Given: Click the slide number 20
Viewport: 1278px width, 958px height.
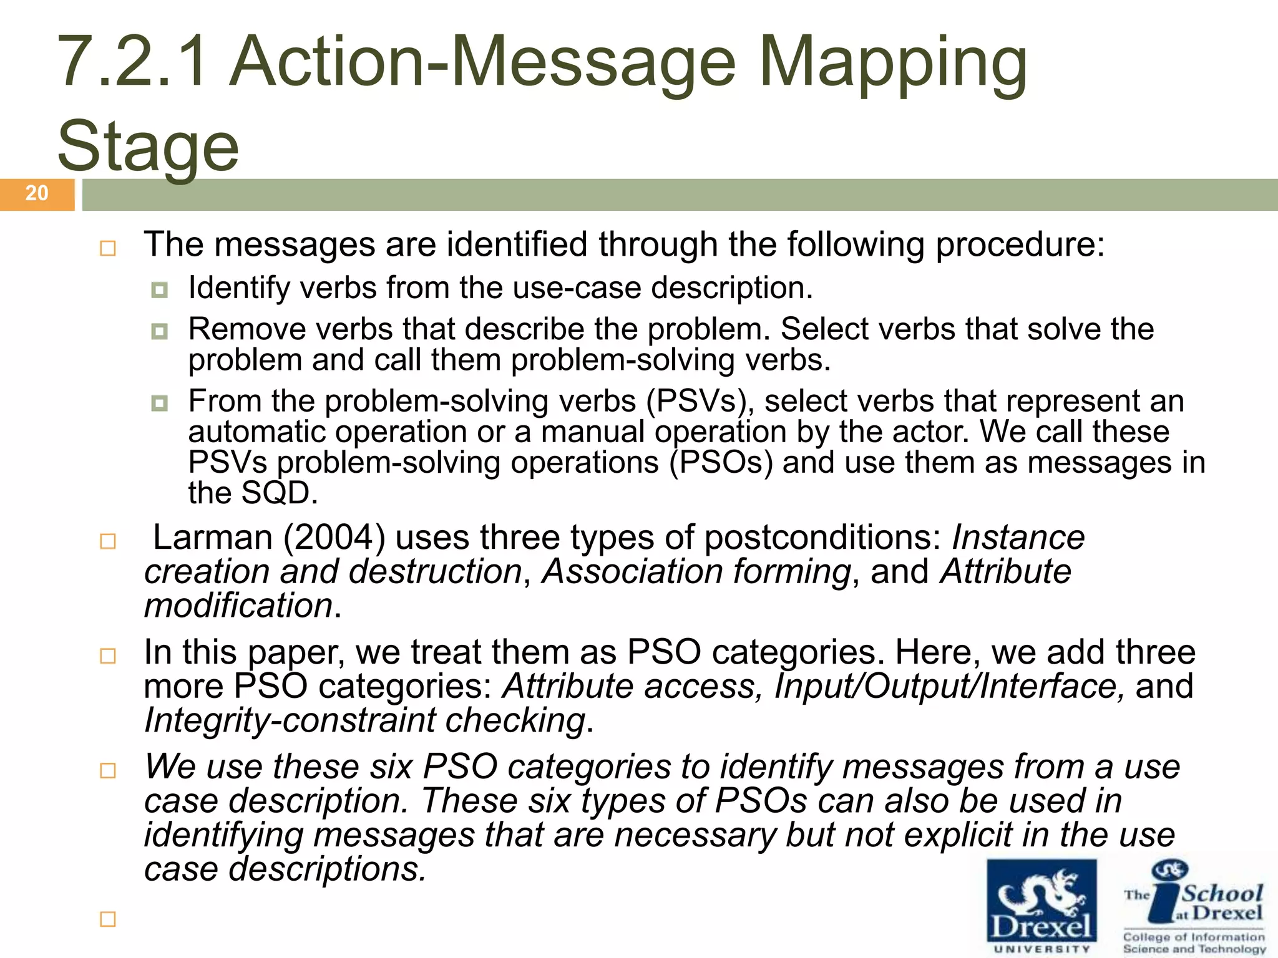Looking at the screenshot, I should tap(37, 193).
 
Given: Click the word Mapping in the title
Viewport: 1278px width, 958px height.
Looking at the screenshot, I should tap(892, 62).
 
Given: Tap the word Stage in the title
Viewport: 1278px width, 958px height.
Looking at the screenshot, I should tap(148, 147).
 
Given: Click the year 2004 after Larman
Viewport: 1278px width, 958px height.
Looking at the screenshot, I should tap(334, 538).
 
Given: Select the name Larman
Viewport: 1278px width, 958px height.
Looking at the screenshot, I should tap(212, 538).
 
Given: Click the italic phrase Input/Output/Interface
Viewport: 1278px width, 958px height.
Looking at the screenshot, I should tap(949, 687).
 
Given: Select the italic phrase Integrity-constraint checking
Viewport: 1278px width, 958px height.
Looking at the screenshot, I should tap(365, 720).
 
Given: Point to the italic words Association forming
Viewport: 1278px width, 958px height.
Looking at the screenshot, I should tap(696, 572).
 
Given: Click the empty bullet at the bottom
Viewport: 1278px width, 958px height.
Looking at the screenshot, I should tap(108, 919).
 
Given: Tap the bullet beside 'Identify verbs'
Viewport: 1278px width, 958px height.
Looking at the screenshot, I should tap(160, 290).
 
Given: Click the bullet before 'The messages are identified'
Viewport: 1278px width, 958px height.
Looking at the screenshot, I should tap(108, 248).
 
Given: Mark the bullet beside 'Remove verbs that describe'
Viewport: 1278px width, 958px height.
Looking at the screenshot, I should tap(160, 331).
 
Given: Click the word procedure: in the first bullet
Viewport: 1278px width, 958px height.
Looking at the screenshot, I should tap(1020, 244).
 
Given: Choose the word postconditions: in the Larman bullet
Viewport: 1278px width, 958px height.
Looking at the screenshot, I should tap(823, 538).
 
